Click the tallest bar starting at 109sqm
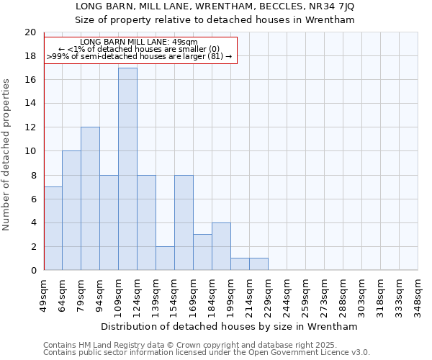click(x=127, y=169)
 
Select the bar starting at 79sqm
click(x=90, y=199)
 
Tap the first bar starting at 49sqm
click(x=53, y=228)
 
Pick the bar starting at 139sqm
click(x=165, y=258)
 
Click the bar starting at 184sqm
click(x=221, y=246)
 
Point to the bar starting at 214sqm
click(x=258, y=264)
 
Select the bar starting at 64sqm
click(x=71, y=210)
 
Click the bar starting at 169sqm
click(x=202, y=252)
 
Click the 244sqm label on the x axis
click(x=287, y=295)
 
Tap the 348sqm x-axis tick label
click(x=418, y=295)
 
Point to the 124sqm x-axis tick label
click(x=138, y=295)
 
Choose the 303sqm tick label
click(x=361, y=295)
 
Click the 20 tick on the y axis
click(x=30, y=32)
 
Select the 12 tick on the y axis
click(x=30, y=127)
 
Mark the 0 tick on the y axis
click(x=32, y=270)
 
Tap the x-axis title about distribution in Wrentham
click(x=230, y=326)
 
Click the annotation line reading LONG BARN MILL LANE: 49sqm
click(x=139, y=42)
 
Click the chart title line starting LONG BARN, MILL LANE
click(x=215, y=6)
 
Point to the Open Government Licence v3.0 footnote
click(x=207, y=352)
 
